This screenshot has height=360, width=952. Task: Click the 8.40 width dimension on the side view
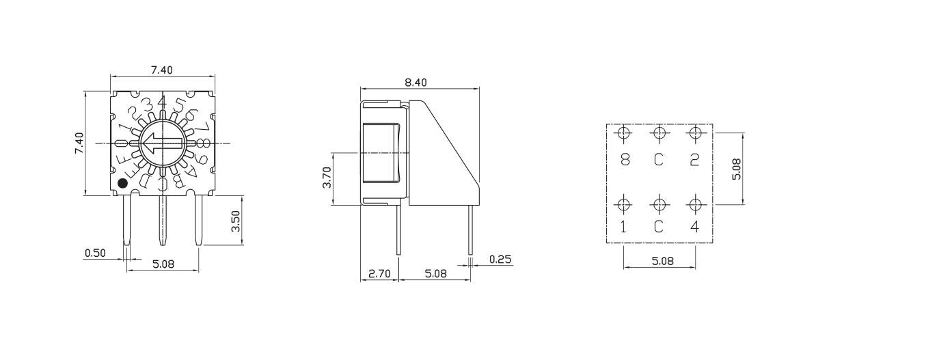416,83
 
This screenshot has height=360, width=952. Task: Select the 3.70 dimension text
327,178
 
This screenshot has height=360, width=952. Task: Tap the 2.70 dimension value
379,274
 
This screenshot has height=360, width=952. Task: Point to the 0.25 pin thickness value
500,259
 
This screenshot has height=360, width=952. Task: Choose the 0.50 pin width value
95,253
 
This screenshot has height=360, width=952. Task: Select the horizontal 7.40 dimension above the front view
162,69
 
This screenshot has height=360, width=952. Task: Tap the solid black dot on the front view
122,183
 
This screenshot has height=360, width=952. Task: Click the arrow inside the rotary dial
163,143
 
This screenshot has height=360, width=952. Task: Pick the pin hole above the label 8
623,133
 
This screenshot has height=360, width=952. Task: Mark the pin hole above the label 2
695,133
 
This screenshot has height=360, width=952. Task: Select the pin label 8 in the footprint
624,160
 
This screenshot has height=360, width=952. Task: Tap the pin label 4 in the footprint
695,227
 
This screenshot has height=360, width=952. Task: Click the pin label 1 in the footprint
624,227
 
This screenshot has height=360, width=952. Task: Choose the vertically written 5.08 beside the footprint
736,168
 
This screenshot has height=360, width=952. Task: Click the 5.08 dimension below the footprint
659,260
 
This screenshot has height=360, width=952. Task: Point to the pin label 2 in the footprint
695,160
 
